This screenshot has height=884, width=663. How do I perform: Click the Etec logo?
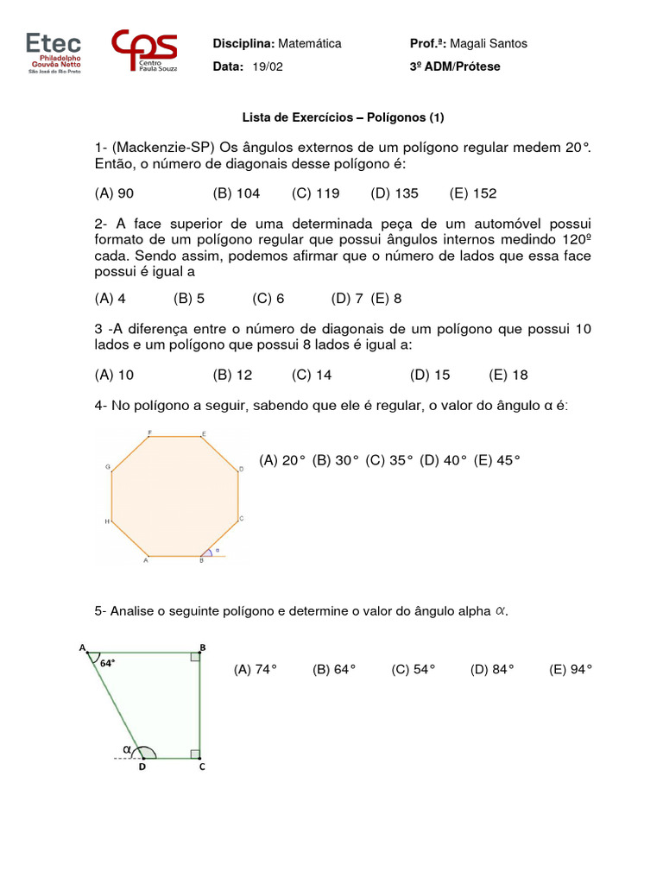[54, 53]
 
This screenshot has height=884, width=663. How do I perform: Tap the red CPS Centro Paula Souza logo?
[145, 52]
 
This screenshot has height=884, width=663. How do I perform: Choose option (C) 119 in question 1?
[316, 193]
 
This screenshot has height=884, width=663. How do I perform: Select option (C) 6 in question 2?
[268, 299]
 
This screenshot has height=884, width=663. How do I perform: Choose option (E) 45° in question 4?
[497, 460]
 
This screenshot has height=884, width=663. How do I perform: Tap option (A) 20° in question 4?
[282, 460]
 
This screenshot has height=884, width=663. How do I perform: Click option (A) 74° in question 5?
[256, 669]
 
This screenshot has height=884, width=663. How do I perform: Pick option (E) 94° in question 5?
[571, 669]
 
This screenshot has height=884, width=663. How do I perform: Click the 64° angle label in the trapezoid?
[107, 663]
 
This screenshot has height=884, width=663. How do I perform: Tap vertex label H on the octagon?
[106, 521]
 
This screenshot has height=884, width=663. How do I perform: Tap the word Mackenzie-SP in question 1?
[160, 148]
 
